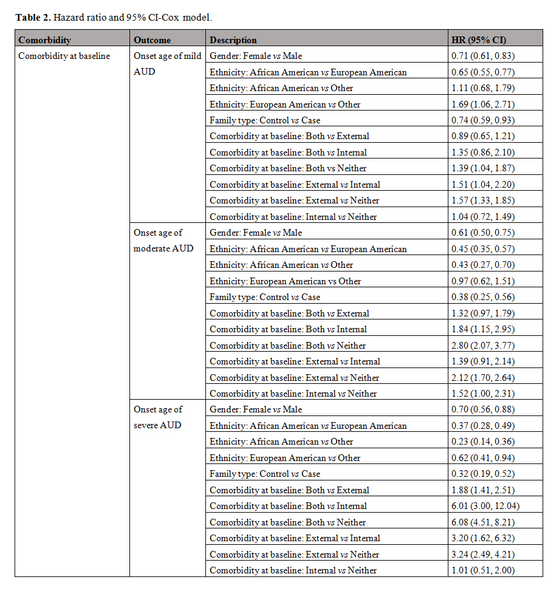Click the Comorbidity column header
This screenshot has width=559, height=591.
coord(45,40)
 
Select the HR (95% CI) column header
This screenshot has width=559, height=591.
coord(479,40)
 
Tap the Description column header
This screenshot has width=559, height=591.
coord(233,40)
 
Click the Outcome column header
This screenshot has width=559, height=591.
coord(152,40)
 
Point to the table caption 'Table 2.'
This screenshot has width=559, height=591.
coord(33,17)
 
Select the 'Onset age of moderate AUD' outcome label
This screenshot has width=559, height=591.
coord(163,241)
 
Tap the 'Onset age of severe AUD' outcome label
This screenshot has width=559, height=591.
coord(158,417)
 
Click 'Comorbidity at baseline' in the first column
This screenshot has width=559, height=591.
coord(64,56)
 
